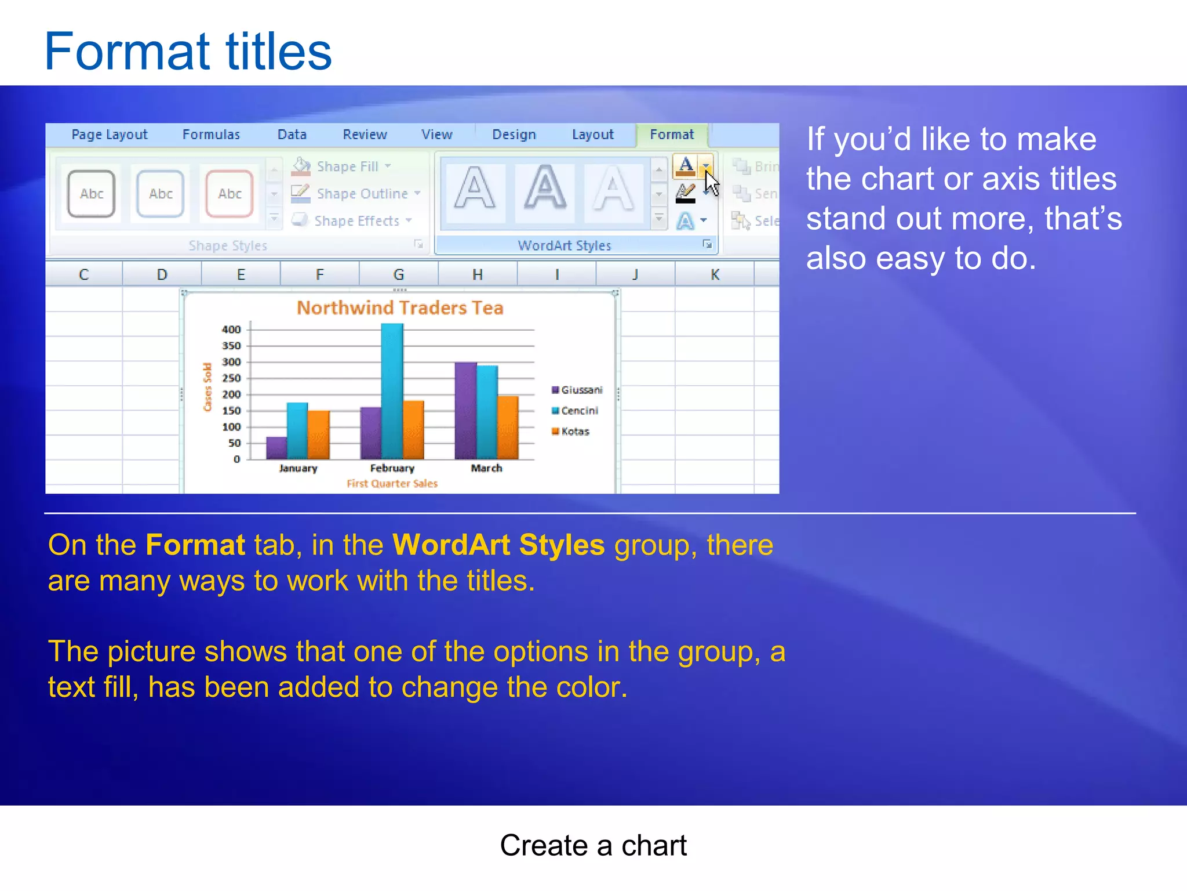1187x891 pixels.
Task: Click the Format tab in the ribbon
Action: pos(671,135)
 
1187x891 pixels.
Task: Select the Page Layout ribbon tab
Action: pos(110,135)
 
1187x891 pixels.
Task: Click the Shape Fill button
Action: pos(346,166)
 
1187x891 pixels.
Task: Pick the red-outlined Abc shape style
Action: pos(230,194)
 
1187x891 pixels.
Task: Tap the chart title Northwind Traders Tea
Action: pos(400,307)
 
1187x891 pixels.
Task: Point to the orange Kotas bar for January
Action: pos(318,435)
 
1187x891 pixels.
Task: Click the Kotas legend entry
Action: pos(574,432)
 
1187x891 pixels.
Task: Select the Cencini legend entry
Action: pos(578,411)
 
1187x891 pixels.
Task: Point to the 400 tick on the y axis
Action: pos(231,329)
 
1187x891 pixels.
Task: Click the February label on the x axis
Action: pos(392,468)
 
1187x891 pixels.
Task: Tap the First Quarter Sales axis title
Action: pos(392,484)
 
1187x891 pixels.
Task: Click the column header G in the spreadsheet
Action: pos(399,274)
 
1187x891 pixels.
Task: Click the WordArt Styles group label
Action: pos(564,245)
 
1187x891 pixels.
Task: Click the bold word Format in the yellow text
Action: pos(195,545)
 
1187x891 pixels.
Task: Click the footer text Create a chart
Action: pos(593,845)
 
